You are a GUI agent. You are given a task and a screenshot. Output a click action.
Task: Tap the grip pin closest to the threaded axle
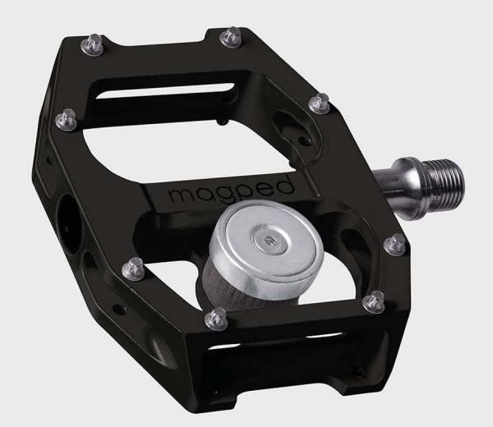click(396, 243)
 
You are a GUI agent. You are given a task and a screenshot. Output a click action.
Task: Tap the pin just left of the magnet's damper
click(128, 268)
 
